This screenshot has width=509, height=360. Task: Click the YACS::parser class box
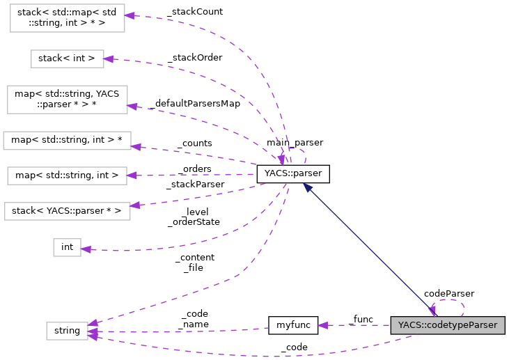click(x=292, y=174)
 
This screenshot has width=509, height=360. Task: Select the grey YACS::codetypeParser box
click(x=447, y=325)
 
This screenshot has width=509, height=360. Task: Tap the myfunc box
click(x=292, y=325)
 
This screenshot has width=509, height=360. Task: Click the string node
click(x=67, y=331)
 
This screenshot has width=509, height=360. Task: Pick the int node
click(x=67, y=246)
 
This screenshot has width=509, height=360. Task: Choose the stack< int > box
click(x=67, y=58)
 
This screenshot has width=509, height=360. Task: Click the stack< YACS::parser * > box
click(x=67, y=210)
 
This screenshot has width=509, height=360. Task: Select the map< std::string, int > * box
click(x=67, y=140)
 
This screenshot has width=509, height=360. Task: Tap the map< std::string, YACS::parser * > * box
click(x=67, y=100)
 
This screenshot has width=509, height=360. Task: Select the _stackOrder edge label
click(x=194, y=57)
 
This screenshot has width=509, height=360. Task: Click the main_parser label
click(x=295, y=142)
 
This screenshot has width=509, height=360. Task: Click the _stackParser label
click(x=195, y=185)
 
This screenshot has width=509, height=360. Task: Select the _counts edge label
click(x=194, y=143)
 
